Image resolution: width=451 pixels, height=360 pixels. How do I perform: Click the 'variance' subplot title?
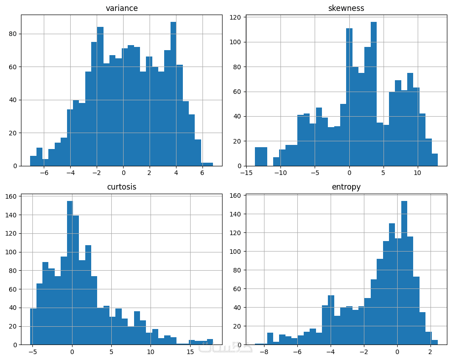[122, 8]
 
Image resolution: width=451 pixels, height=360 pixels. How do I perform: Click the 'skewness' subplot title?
[346, 8]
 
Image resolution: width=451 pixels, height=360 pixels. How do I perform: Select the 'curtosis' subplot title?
[122, 187]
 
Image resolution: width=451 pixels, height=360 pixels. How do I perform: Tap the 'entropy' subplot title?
[346, 187]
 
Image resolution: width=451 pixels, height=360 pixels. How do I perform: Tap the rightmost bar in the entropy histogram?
[435, 342]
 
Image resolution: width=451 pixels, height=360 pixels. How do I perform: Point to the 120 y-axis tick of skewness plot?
[238, 18]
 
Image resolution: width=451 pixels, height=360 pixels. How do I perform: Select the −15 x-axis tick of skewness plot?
[246, 174]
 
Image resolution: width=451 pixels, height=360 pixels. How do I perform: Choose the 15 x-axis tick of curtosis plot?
[190, 352]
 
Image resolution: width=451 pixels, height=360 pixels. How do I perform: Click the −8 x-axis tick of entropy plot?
[264, 352]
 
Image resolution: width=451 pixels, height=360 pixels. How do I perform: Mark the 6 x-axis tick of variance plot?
[202, 174]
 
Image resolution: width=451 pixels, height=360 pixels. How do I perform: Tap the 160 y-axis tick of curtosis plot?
[11, 196]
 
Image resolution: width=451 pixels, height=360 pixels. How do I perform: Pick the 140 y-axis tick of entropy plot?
[236, 214]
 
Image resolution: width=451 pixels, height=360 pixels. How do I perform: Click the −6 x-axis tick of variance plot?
[44, 174]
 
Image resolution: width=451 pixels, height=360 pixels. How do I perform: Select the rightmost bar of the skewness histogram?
[435, 159]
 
